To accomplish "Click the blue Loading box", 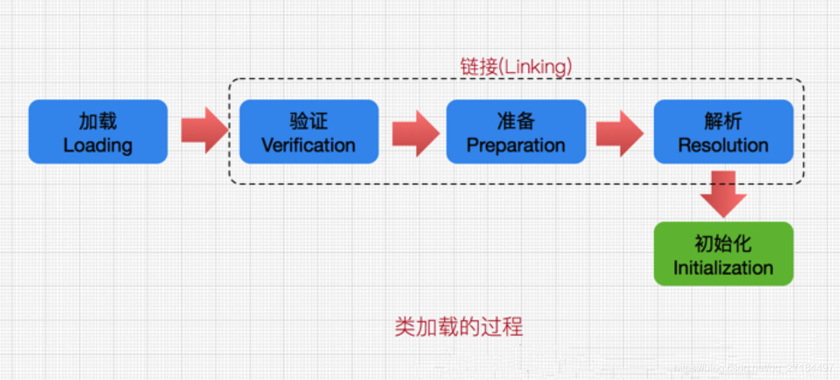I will click(98, 131).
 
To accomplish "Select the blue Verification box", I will click(308, 131).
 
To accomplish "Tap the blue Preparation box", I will click(516, 131).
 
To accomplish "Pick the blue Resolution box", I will click(723, 131).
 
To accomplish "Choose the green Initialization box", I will click(723, 254).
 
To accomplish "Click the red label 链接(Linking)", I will click(516, 66).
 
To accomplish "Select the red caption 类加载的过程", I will click(459, 326).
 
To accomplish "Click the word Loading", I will click(98, 145).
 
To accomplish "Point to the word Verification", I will click(308, 145).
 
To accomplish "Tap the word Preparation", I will click(516, 145).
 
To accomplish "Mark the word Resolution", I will click(723, 145).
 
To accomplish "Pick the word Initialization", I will click(723, 268).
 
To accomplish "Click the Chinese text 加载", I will click(98, 121).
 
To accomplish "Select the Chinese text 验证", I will click(308, 121).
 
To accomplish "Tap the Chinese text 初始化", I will click(723, 243).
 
